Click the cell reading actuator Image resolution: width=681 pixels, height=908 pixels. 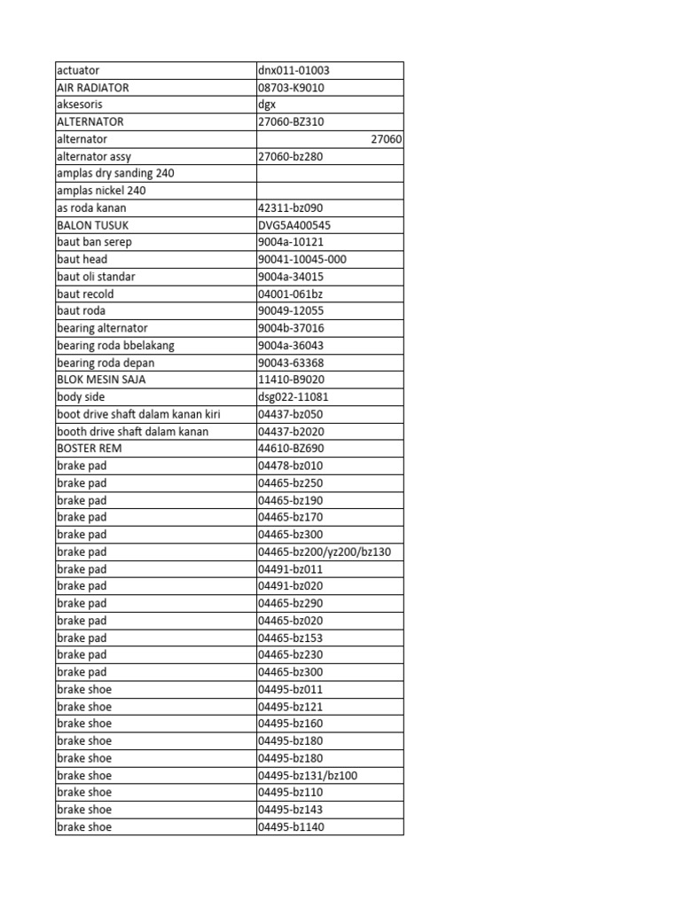pyautogui.click(x=78, y=70)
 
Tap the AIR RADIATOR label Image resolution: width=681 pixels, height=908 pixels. pyautogui.click(x=92, y=88)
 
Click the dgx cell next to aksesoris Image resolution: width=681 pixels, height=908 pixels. pyautogui.click(x=267, y=105)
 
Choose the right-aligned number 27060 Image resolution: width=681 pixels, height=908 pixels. pyautogui.click(x=386, y=139)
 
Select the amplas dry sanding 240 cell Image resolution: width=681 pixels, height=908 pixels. pyautogui.click(x=115, y=173)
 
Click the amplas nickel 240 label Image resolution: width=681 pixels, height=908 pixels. pyautogui.click(x=101, y=191)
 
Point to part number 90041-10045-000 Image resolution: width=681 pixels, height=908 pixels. pyautogui.click(x=302, y=259)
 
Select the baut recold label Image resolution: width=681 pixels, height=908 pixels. pyautogui.click(x=85, y=294)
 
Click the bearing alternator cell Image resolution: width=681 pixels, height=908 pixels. pyautogui.click(x=102, y=328)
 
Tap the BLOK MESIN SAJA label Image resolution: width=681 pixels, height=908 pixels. pyautogui.click(x=101, y=380)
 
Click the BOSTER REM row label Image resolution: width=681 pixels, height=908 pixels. pyautogui.click(x=90, y=449)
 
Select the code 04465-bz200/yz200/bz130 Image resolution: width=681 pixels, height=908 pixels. pyautogui.click(x=325, y=552)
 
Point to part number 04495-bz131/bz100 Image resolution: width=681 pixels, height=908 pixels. pyautogui.click(x=308, y=775)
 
